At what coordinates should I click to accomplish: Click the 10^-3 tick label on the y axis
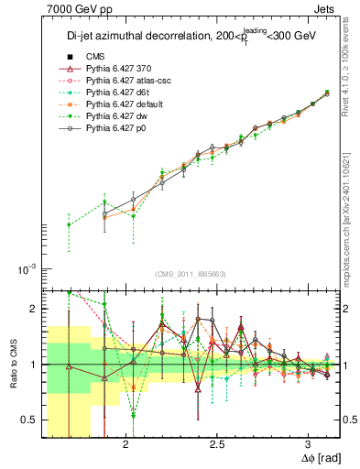pyautogui.click(x=25, y=269)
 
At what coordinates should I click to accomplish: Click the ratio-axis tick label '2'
pyautogui.click(x=33, y=310)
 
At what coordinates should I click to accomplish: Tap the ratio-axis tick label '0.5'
pyautogui.click(x=28, y=420)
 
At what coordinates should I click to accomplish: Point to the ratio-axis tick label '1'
pyautogui.click(x=33, y=365)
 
